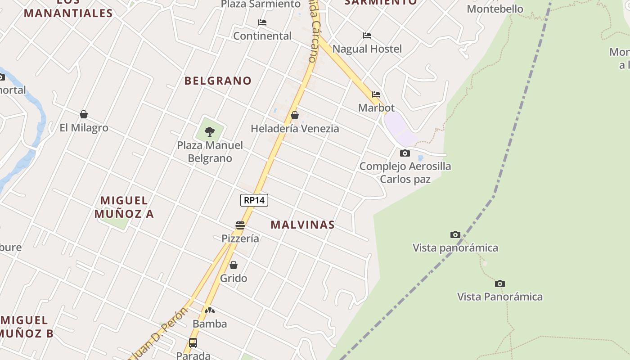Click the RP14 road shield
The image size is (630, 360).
254,200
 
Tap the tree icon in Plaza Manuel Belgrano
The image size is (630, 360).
209,131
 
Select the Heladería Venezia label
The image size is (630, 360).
295,129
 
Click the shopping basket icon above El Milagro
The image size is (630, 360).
84,114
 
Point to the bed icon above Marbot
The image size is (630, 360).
376,94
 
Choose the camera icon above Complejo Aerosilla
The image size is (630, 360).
405,153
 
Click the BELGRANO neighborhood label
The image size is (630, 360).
218,81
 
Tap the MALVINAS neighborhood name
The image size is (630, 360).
302,225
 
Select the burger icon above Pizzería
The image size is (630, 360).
240,225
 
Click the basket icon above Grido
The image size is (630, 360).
234,265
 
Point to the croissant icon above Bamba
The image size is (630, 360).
210,310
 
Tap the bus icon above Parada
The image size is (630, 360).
193,343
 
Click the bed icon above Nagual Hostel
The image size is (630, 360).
367,36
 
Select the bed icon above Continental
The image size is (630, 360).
262,22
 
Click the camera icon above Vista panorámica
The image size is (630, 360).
455,234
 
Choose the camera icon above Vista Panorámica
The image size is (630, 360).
500,283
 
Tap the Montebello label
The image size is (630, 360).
495,9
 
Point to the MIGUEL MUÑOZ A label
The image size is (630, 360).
124,207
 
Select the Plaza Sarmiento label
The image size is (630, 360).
261,4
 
